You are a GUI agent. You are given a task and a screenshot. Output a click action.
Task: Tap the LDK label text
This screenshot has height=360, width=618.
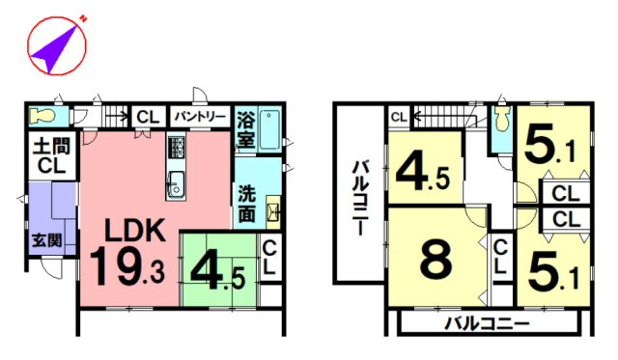pos(134,231)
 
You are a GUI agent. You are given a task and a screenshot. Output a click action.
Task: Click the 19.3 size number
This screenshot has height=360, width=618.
pos(126,266)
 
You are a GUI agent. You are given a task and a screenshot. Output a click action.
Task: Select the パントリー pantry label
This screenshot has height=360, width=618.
pos(200,117)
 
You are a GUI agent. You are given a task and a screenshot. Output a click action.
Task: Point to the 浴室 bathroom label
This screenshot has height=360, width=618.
pos(245,129)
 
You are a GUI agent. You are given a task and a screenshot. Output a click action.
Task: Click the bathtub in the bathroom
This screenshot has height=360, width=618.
pos(270,129)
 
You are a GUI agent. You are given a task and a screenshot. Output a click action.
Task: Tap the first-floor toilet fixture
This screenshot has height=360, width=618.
pos(42,116)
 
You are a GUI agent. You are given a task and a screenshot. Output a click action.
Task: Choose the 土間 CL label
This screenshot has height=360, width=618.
pos(51,156)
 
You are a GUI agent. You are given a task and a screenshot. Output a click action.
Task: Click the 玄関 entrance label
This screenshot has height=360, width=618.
pos(47,240)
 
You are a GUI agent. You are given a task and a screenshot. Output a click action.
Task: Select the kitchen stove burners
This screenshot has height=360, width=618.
pos(176,148)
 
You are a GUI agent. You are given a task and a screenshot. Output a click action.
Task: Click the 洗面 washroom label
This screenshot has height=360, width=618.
pos(247,204)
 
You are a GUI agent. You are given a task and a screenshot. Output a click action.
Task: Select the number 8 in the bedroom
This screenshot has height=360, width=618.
pos(435,260)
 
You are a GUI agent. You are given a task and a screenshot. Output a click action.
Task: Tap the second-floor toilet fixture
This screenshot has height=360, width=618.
pos(501,119)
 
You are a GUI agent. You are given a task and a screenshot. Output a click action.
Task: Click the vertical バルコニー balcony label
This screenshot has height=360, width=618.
pos(360,198)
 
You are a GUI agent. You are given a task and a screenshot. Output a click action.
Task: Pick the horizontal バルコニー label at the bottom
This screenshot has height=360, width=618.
pos(487,324)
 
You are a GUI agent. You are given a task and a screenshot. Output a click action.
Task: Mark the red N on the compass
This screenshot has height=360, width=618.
pos(83,18)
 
